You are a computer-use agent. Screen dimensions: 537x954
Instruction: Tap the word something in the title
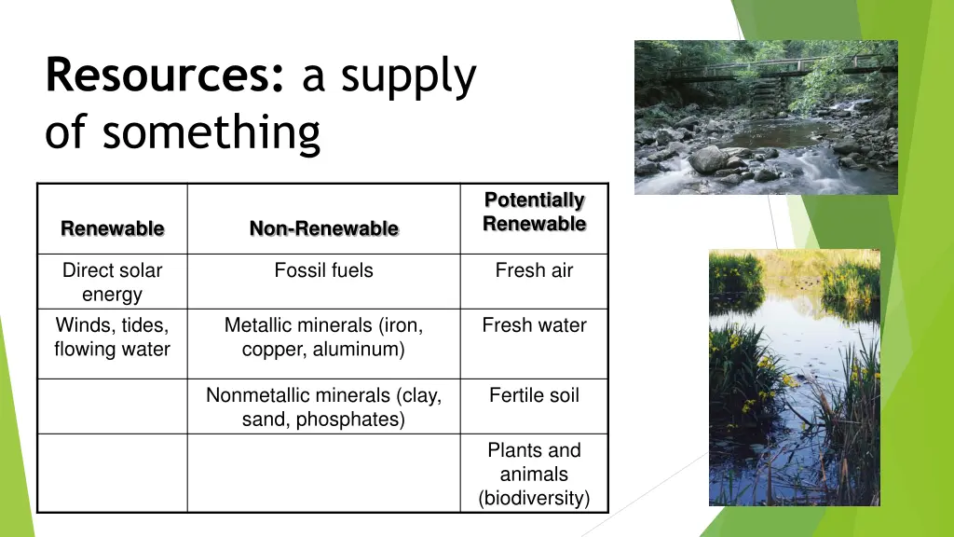pyautogui.click(x=211, y=131)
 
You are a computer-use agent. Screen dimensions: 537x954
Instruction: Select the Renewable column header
pyautogui.click(x=112, y=228)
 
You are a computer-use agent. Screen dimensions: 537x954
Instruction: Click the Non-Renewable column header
pyautogui.click(x=323, y=228)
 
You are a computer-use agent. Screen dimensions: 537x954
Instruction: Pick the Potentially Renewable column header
pyautogui.click(x=534, y=213)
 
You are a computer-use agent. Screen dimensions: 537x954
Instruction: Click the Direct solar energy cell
pyautogui.click(x=112, y=282)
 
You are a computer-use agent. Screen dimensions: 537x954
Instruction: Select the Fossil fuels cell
pyautogui.click(x=323, y=270)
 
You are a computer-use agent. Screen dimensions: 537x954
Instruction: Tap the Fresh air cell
pyautogui.click(x=534, y=270)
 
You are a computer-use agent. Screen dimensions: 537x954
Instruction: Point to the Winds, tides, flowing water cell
pyautogui.click(x=112, y=337)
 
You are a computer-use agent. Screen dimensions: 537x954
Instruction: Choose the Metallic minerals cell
pyautogui.click(x=323, y=337)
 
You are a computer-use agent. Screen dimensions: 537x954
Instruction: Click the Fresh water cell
pyautogui.click(x=534, y=325)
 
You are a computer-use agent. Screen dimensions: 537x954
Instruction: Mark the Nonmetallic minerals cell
pyautogui.click(x=323, y=407)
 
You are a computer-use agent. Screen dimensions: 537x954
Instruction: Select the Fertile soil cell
pyautogui.click(x=534, y=395)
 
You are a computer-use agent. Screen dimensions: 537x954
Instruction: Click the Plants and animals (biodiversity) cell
pyautogui.click(x=534, y=475)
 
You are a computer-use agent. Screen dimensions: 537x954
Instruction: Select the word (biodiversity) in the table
pyautogui.click(x=534, y=499)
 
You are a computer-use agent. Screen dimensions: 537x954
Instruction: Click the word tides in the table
pyautogui.click(x=145, y=325)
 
